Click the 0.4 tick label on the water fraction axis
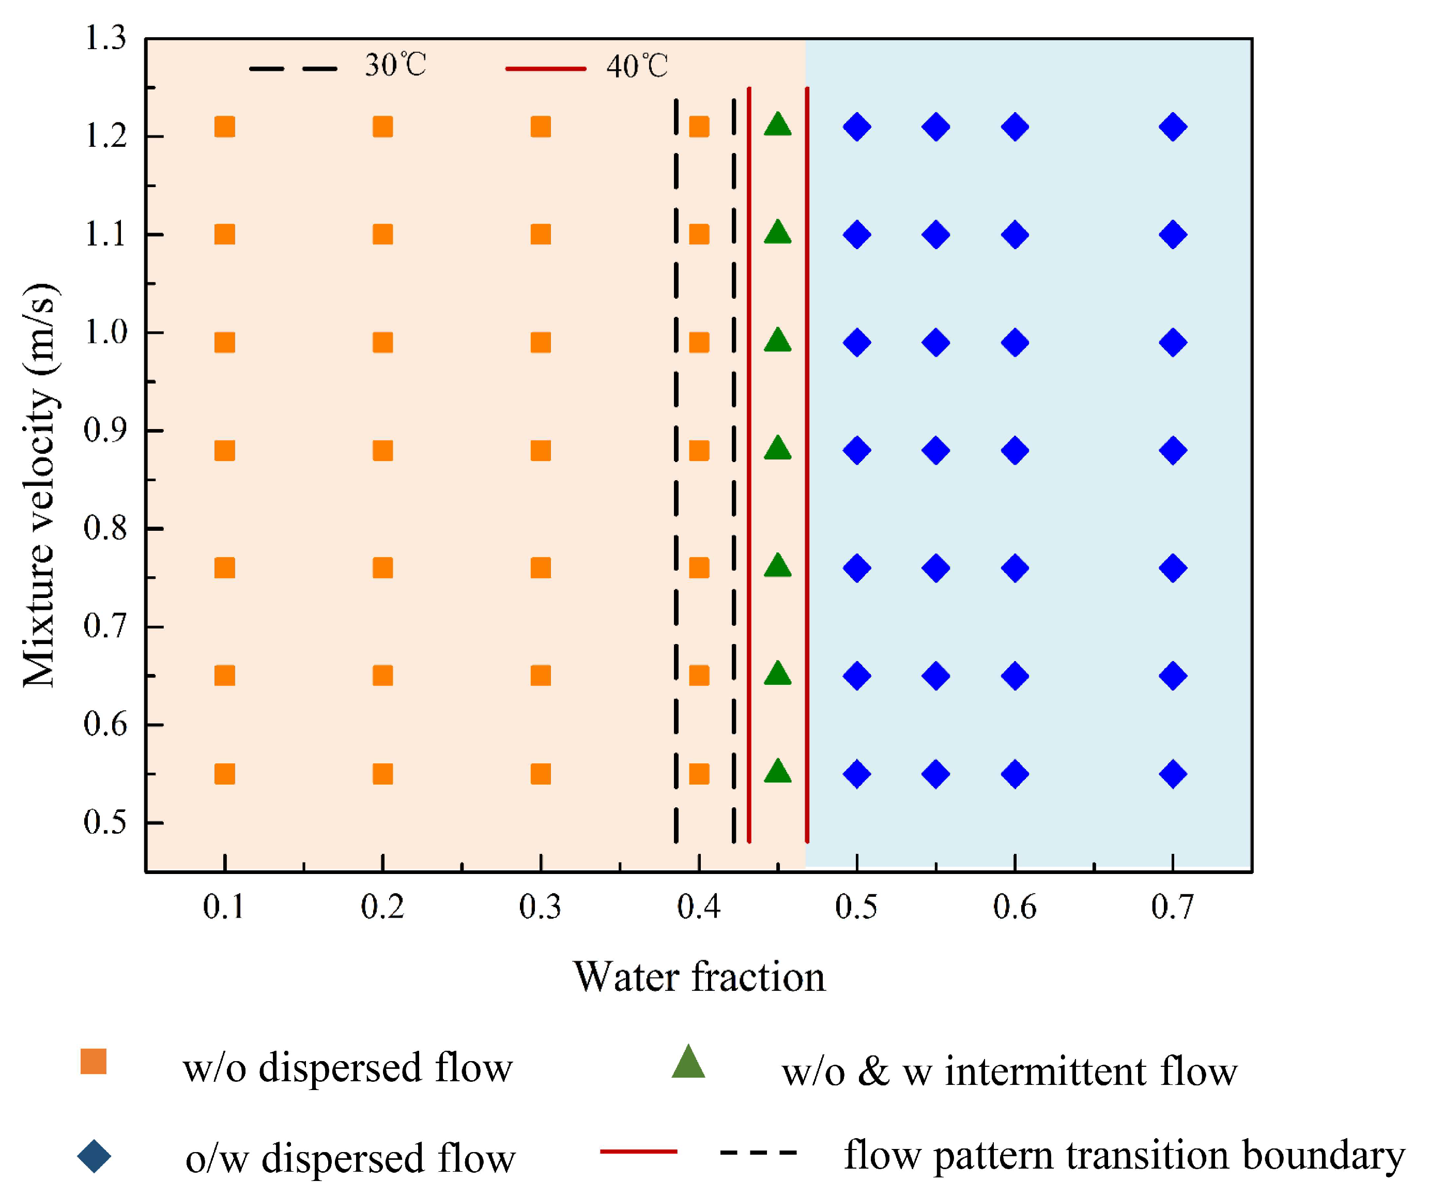(x=698, y=908)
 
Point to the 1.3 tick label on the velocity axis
(x=105, y=38)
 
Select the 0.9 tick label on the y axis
(x=105, y=430)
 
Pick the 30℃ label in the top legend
(x=395, y=66)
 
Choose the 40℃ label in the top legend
(x=637, y=67)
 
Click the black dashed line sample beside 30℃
(x=293, y=69)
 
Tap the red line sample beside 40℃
(x=545, y=69)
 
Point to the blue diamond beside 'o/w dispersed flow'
(x=94, y=1157)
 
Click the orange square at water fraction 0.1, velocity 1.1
(x=224, y=235)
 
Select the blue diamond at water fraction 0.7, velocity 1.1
(x=1173, y=235)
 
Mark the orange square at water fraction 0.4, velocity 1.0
(x=699, y=342)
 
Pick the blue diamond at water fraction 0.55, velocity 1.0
(x=935, y=342)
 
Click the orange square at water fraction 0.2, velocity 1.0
(x=382, y=342)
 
